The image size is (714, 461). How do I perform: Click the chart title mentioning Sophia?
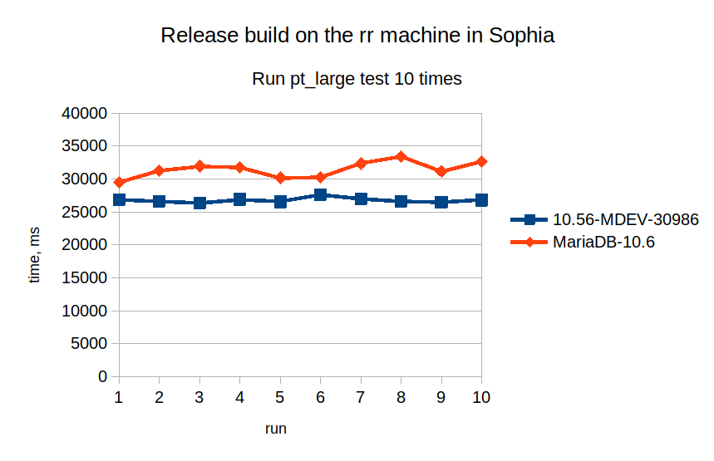tap(357, 36)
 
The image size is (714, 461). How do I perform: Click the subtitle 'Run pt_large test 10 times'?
tap(357, 80)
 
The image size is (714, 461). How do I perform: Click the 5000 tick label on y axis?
tap(90, 344)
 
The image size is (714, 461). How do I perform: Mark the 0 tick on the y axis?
tap(102, 376)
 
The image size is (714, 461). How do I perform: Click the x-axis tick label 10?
tap(481, 397)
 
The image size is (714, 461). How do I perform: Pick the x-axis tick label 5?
tap(280, 397)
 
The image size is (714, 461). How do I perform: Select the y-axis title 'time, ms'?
tap(35, 256)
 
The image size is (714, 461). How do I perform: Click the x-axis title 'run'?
tap(276, 429)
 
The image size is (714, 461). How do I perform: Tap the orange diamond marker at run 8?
tap(401, 156)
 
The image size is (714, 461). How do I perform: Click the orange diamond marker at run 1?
tap(119, 182)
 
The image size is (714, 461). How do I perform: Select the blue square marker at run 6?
tap(320, 194)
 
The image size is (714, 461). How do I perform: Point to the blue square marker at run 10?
tap(481, 200)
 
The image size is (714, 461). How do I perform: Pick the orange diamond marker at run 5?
tap(280, 178)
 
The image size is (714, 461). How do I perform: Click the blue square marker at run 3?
tap(199, 203)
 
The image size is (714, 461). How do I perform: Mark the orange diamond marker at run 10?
tap(481, 161)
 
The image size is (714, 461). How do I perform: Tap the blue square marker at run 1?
tap(119, 199)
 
